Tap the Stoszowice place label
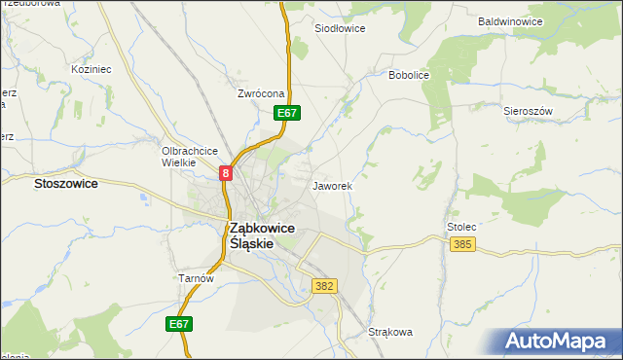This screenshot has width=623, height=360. [65, 183]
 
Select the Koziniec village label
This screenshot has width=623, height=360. [92, 70]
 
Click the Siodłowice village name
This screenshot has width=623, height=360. [340, 29]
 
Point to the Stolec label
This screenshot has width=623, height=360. [461, 227]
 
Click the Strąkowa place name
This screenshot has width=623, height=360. [390, 332]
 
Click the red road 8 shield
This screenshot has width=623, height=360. [226, 173]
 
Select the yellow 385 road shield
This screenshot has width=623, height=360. [463, 243]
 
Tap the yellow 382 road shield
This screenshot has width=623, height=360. [325, 286]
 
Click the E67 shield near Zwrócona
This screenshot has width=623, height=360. [286, 114]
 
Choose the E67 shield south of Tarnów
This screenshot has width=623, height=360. [178, 324]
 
